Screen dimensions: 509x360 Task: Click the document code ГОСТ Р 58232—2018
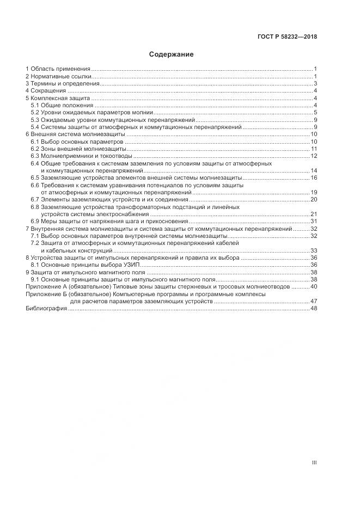[287, 37]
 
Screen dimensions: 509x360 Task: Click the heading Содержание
[172, 54]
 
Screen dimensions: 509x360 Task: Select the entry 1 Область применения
[58, 69]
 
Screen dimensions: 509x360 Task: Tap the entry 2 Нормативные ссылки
[58, 77]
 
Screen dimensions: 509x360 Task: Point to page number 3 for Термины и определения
[315, 84]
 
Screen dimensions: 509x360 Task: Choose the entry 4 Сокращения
[46, 91]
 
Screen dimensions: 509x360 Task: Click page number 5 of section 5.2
[315, 112]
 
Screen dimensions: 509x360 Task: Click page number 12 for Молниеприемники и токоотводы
[314, 156]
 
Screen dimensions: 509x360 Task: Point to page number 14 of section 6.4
[314, 170]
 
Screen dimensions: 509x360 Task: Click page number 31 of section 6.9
[314, 221]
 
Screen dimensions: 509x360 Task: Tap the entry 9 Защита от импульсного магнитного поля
[86, 272]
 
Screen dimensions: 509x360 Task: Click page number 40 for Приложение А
[314, 286]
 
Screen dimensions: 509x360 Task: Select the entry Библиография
[46, 308]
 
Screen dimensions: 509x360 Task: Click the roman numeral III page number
[314, 463]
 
